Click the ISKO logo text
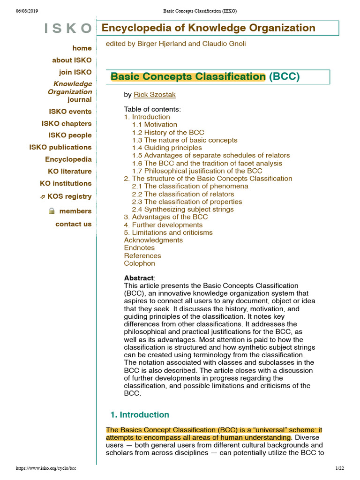click(x=68, y=29)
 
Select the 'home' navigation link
click(x=82, y=48)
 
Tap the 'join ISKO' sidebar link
click(x=75, y=72)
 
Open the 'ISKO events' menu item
click(x=70, y=112)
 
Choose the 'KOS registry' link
click(x=69, y=196)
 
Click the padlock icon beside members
click(x=52, y=211)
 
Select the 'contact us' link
click(x=74, y=224)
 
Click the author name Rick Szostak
click(x=155, y=95)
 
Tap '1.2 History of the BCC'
click(x=168, y=133)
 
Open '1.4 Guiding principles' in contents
click(x=167, y=148)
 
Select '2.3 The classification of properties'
click(x=187, y=202)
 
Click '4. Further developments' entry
click(x=163, y=225)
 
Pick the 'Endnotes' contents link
click(x=139, y=248)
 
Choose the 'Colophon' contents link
click(x=139, y=263)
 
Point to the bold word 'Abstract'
click(x=139, y=278)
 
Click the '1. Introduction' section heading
click(x=140, y=415)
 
